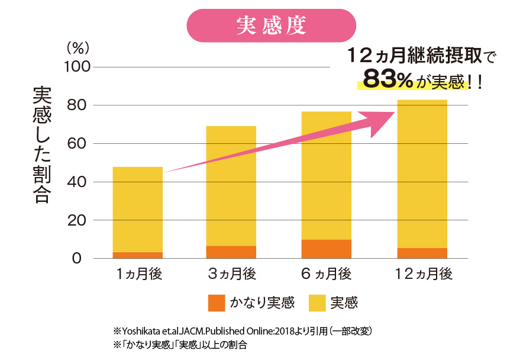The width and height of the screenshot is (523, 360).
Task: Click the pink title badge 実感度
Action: pyautogui.click(x=271, y=25)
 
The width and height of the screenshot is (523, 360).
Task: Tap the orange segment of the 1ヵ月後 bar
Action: pyautogui.click(x=137, y=255)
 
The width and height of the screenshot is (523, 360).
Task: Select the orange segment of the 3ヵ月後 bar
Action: pyautogui.click(x=231, y=252)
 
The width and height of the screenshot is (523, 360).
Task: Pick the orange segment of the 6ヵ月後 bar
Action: pyautogui.click(x=326, y=249)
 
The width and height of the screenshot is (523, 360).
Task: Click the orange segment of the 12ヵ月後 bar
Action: pyautogui.click(x=421, y=253)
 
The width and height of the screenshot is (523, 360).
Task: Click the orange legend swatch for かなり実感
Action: pyautogui.click(x=217, y=303)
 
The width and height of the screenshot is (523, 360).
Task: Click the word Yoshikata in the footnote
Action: pyautogui.click(x=140, y=330)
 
